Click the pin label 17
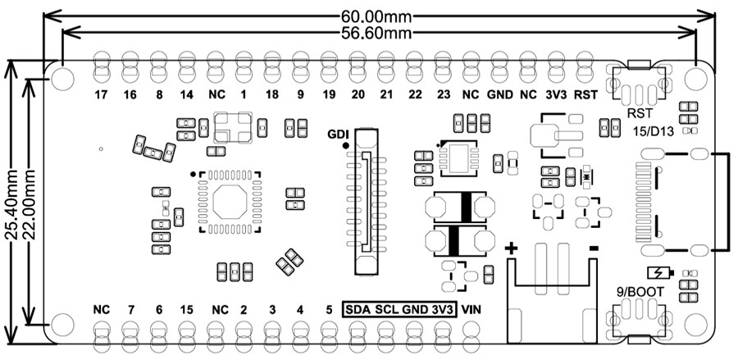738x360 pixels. pyautogui.click(x=102, y=95)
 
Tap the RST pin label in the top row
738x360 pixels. pyautogui.click(x=584, y=95)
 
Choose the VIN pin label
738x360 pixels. pyautogui.click(x=471, y=310)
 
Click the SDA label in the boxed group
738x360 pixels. pyautogui.click(x=358, y=310)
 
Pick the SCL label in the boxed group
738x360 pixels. pyautogui.click(x=386, y=310)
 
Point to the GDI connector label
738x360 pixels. pyautogui.click(x=338, y=134)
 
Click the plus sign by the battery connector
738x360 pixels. pyautogui.click(x=512, y=248)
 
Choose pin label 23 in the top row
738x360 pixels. pyautogui.click(x=443, y=95)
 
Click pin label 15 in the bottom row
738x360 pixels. pyautogui.click(x=187, y=310)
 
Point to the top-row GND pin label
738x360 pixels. pyautogui.click(x=500, y=95)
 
